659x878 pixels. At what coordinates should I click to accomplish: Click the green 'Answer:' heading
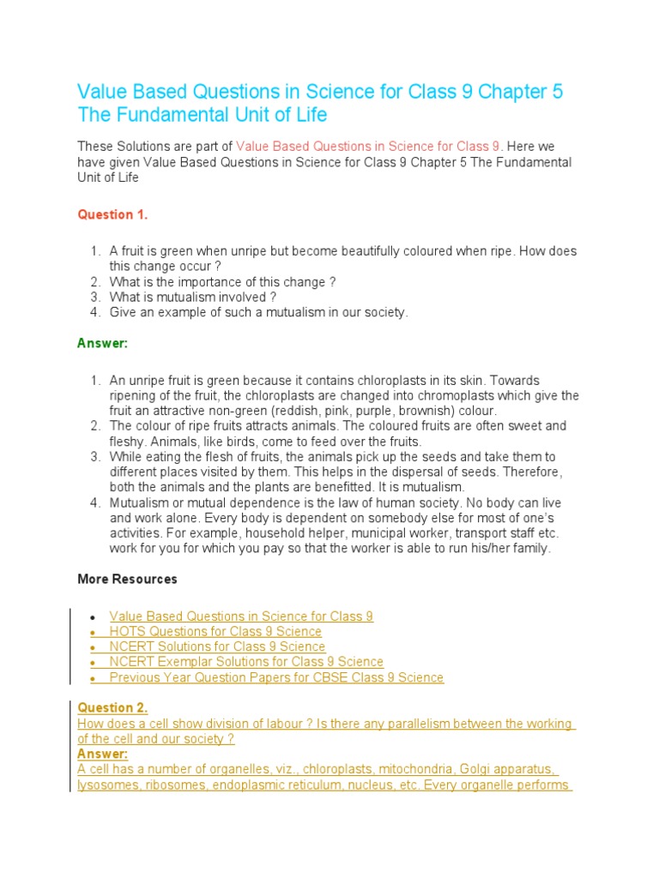tap(102, 343)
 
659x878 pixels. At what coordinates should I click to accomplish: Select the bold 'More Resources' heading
tap(127, 579)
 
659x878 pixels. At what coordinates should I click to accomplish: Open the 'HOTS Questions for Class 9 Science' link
tap(215, 631)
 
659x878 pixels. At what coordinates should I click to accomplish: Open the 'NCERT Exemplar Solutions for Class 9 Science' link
tap(246, 662)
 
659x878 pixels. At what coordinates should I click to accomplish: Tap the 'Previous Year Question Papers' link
tap(276, 677)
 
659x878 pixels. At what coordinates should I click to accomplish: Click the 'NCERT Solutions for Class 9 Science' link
tap(217, 646)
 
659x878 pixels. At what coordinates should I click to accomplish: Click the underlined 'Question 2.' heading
tap(112, 707)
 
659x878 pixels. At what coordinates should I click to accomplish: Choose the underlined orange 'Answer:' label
tap(102, 754)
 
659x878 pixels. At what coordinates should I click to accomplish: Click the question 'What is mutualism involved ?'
tap(193, 298)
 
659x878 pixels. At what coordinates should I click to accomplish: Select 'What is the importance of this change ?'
tap(222, 282)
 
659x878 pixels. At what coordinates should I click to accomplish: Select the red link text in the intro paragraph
tap(367, 147)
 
